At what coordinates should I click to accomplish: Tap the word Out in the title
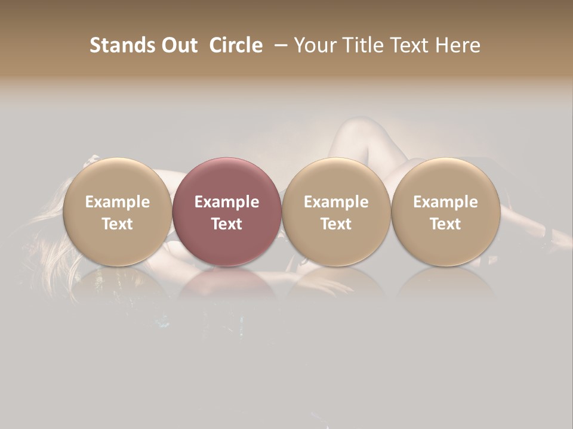[x=178, y=45]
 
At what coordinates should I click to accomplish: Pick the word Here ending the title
[x=459, y=45]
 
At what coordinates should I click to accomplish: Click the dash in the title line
[x=282, y=45]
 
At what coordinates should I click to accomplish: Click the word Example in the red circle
[x=227, y=203]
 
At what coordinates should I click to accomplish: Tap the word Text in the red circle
[x=227, y=224]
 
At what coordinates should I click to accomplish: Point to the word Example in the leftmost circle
[x=117, y=203]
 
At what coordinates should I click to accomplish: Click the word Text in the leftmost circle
[x=117, y=224]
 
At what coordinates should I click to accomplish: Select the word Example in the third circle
[x=336, y=203]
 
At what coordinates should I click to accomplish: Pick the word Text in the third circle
[x=336, y=224]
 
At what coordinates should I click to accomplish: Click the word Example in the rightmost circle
[x=446, y=203]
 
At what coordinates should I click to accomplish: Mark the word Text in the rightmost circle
[x=446, y=224]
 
